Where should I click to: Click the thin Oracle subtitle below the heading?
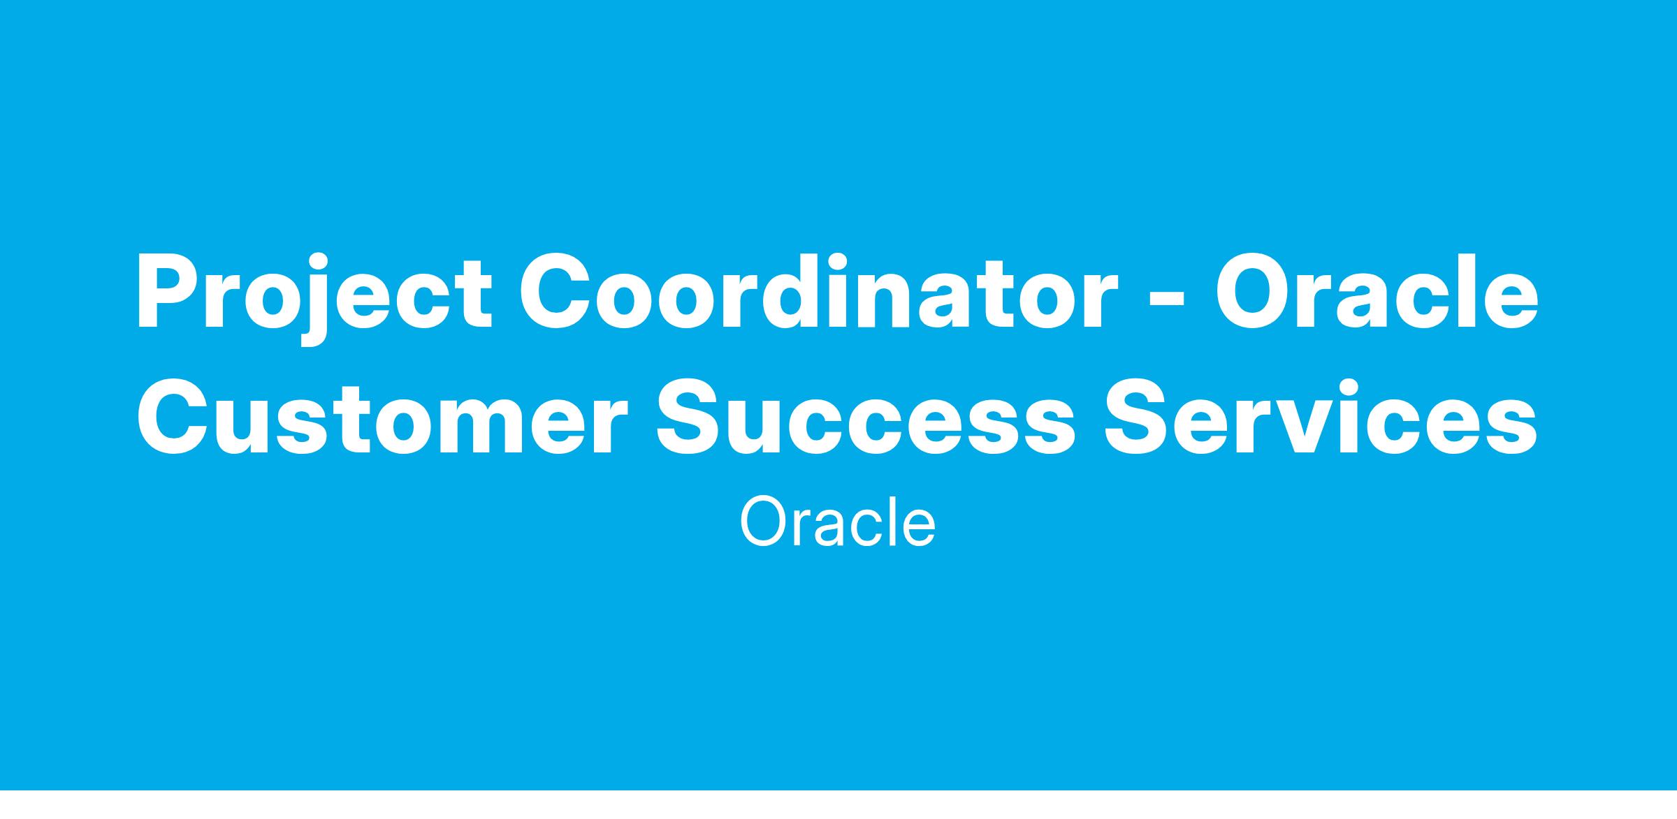point(838,522)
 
